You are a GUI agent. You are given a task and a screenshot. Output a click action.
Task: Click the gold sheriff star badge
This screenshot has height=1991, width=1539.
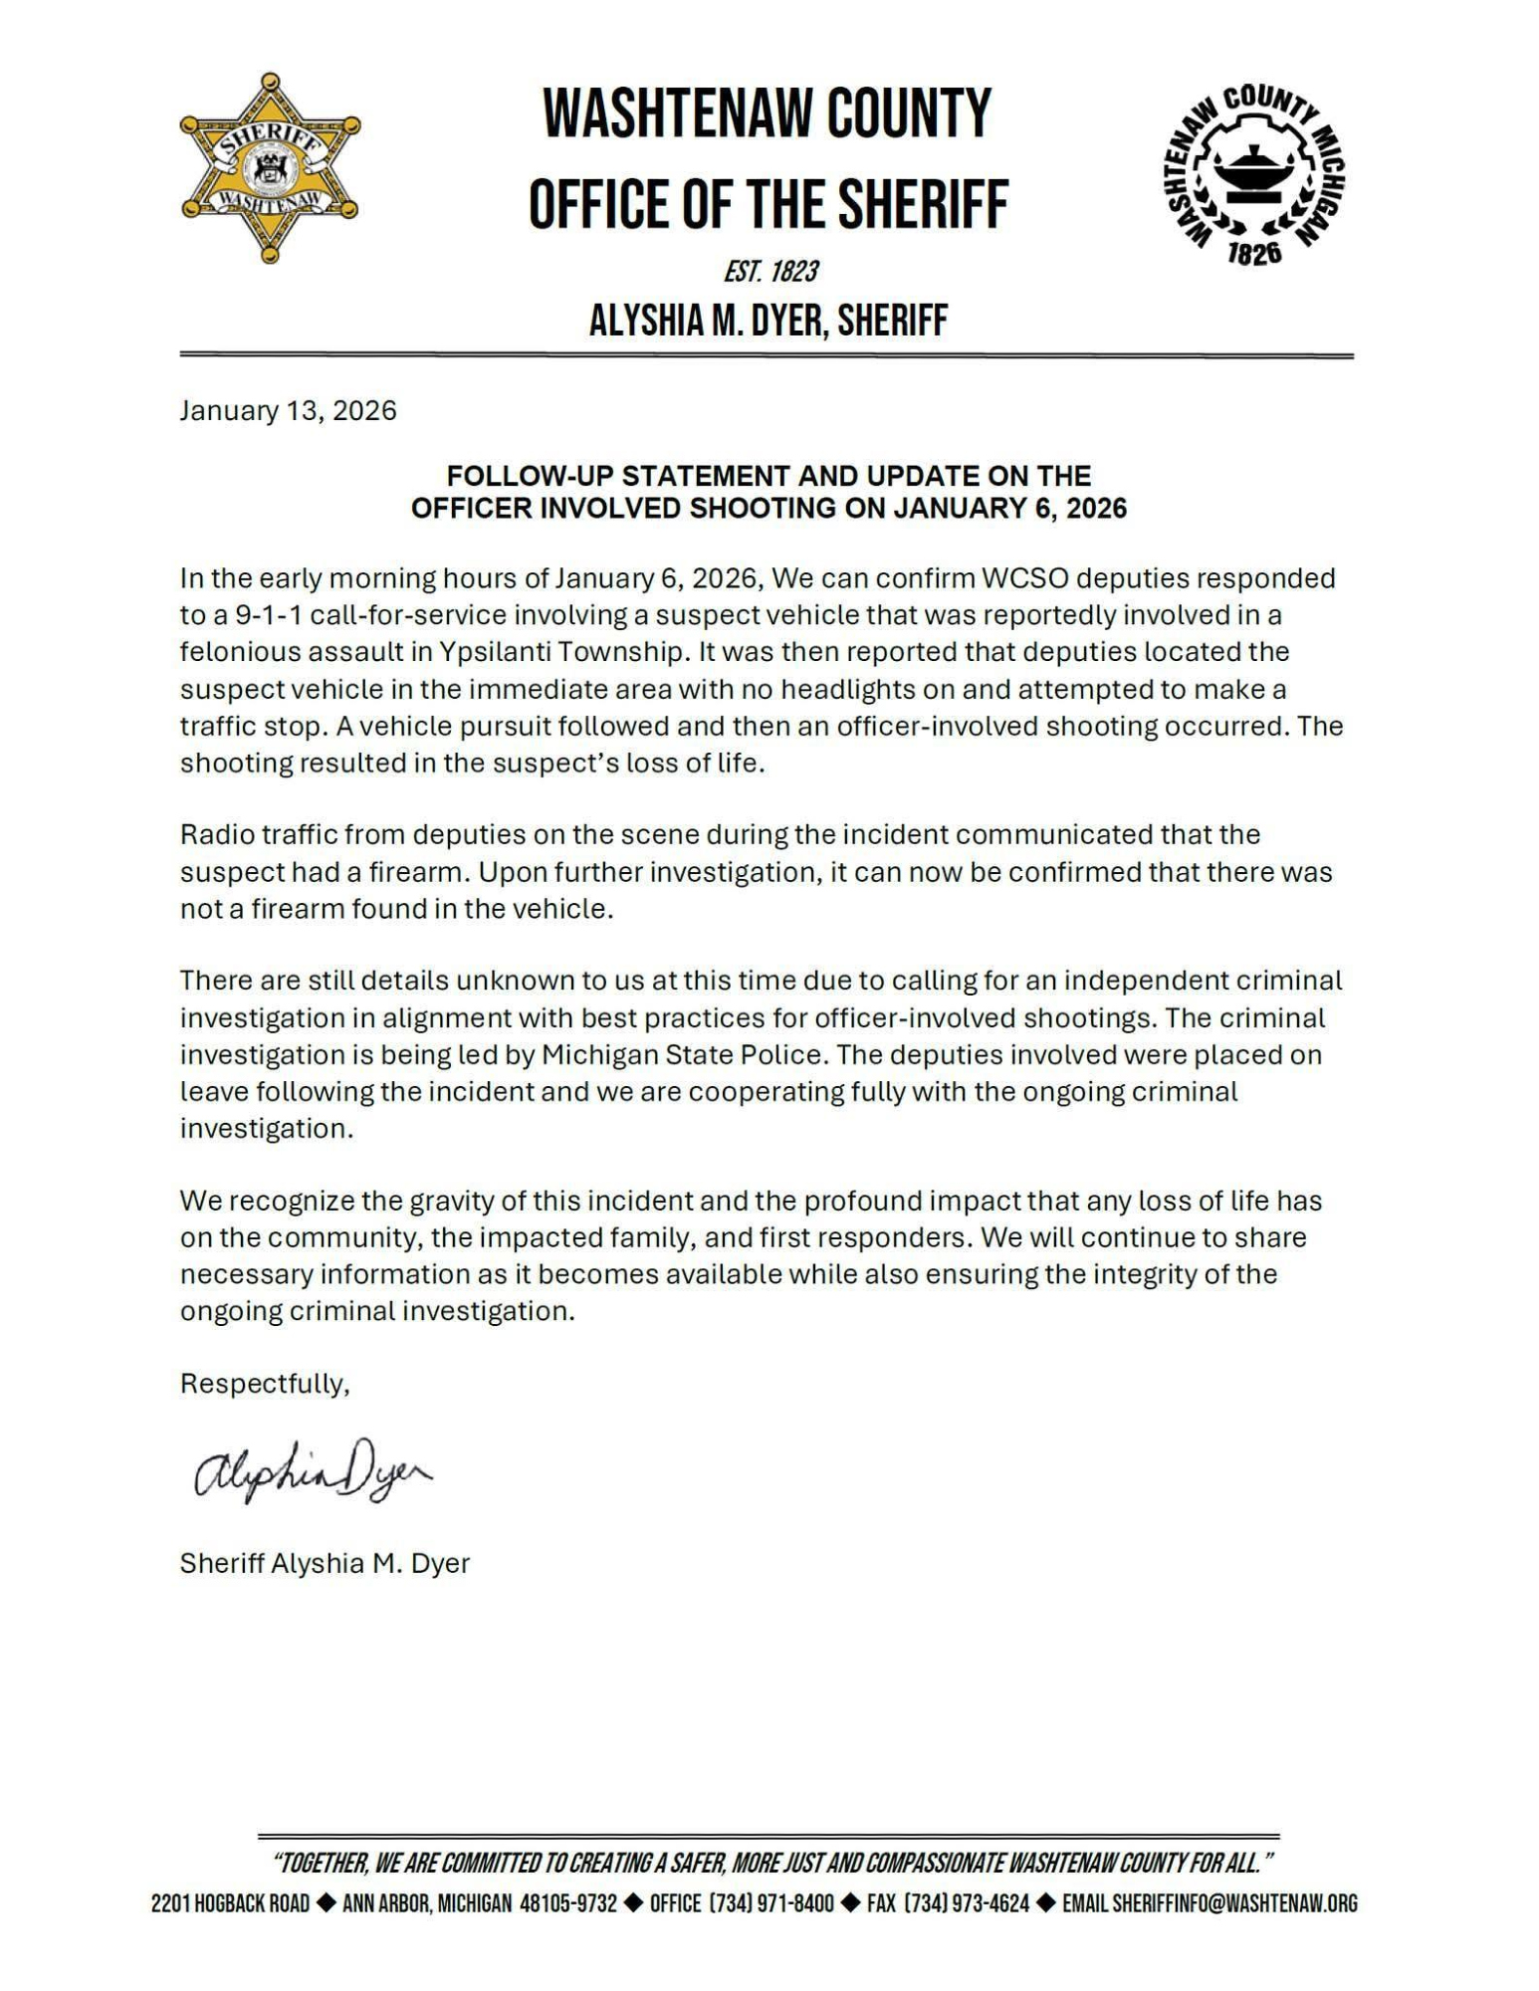point(270,168)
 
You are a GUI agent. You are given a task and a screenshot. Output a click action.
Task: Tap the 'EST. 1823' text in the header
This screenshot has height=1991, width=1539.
point(770,271)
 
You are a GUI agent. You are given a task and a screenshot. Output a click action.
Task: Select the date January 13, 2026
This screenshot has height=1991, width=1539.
point(288,411)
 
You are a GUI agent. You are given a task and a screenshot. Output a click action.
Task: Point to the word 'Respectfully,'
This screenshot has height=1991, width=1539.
point(265,1384)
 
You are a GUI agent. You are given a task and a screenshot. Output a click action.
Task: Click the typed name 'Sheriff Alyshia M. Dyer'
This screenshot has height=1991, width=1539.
point(325,1563)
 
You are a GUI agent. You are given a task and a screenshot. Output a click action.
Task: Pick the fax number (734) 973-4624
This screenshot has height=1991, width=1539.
point(948,1903)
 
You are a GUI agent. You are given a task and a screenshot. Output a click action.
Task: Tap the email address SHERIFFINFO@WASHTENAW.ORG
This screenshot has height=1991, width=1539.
point(1234,1903)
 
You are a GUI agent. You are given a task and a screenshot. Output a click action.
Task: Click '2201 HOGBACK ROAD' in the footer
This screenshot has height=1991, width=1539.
point(230,1903)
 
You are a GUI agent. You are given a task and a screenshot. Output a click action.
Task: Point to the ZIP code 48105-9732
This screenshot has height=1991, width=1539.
point(567,1903)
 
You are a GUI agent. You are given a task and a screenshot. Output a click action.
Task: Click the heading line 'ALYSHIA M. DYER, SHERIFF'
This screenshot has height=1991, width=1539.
point(769,321)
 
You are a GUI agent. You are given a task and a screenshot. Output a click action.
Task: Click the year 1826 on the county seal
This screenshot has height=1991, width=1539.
point(1253,254)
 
